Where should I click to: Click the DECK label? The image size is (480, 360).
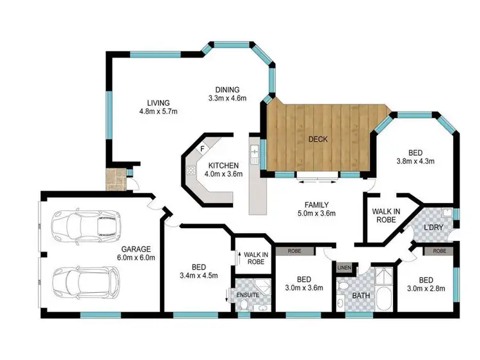317,138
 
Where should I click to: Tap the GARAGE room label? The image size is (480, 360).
135,249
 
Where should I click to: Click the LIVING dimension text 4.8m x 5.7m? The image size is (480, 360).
157,111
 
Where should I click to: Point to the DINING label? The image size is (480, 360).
227,90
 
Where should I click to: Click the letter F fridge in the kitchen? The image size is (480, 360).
202,149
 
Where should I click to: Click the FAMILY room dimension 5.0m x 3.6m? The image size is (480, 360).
314,214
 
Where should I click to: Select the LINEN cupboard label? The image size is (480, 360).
344,267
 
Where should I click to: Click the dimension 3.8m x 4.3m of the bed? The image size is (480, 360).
416,161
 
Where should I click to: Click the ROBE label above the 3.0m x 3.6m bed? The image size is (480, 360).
294,251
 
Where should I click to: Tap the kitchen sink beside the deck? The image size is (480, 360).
255,154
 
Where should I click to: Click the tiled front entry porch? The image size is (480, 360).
116,180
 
